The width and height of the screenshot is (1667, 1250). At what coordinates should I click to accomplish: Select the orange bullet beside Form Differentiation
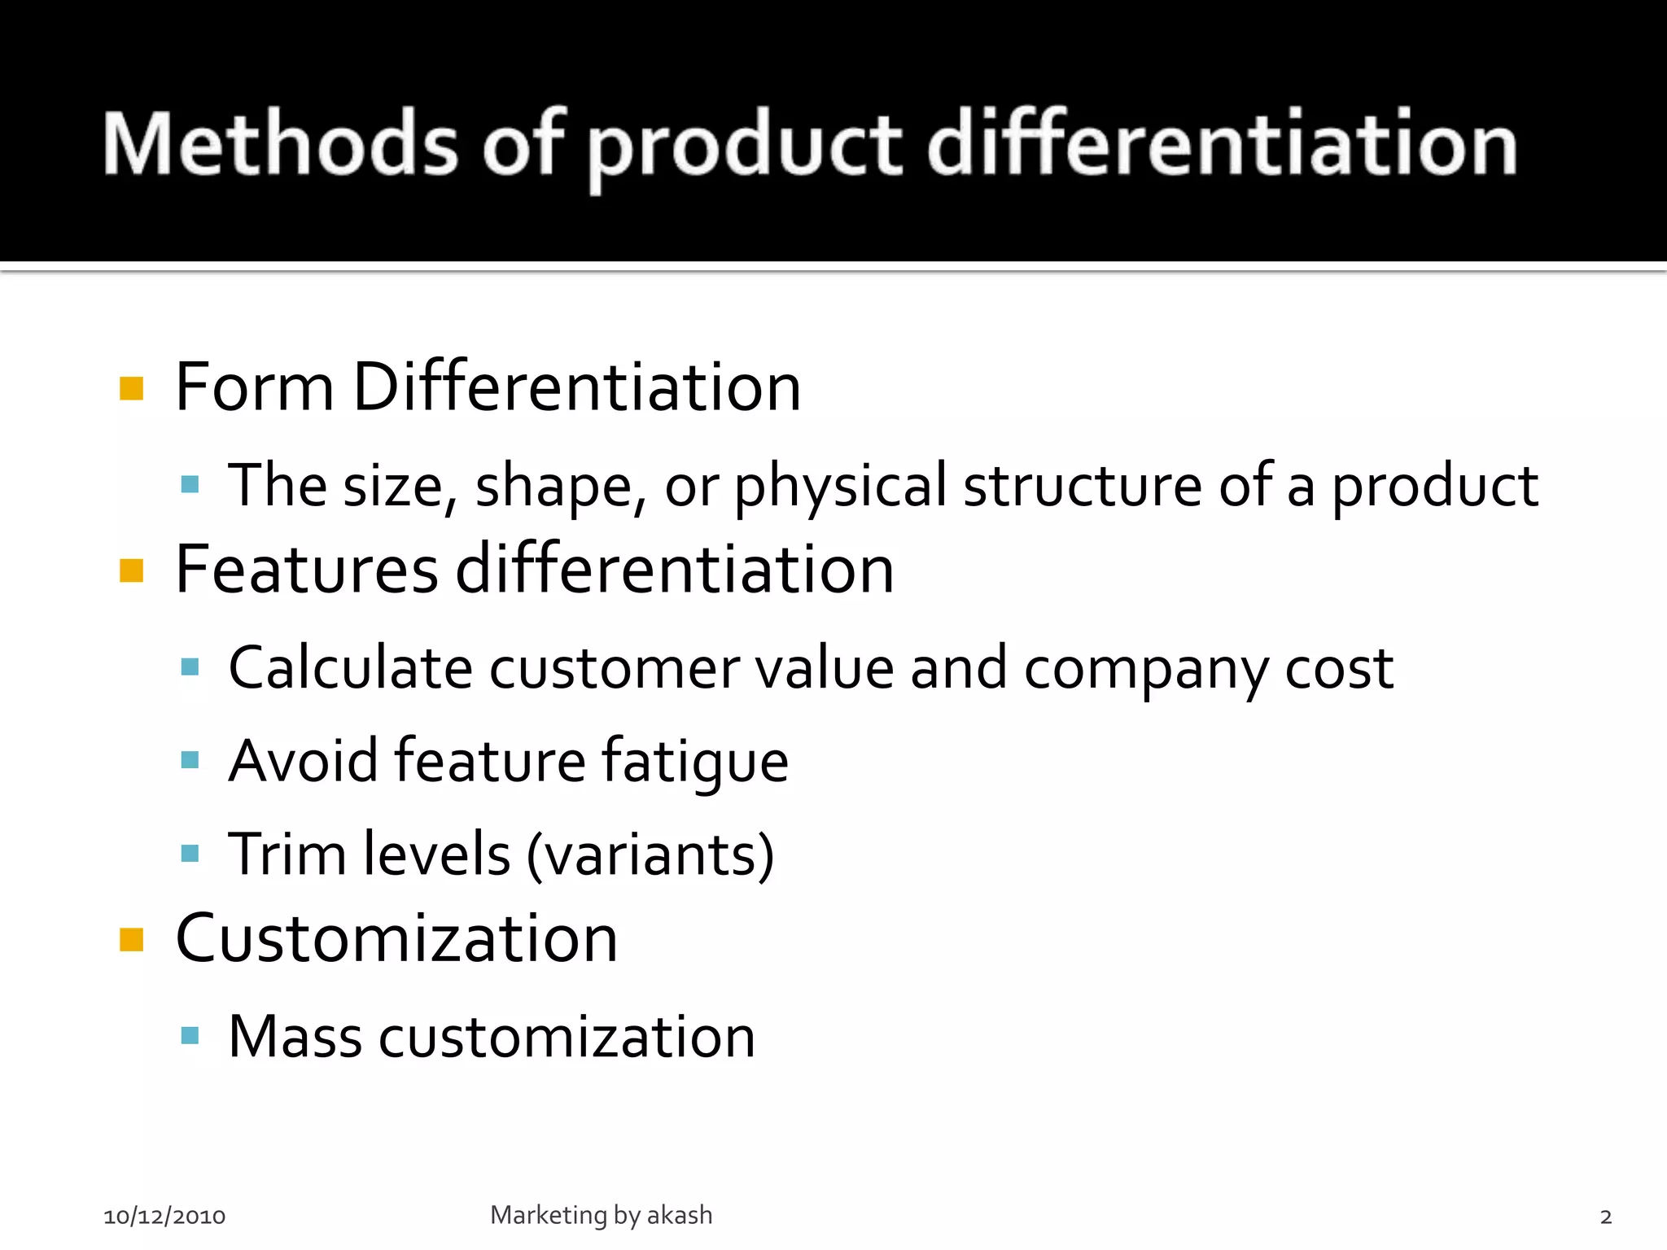[131, 388]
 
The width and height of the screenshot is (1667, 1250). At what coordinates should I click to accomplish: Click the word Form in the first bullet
[254, 387]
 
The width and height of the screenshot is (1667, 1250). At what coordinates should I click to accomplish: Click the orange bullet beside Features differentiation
[131, 570]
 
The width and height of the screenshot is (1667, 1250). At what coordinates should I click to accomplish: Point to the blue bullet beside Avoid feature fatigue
[190, 761]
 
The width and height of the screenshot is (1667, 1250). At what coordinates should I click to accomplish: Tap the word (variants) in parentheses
[650, 855]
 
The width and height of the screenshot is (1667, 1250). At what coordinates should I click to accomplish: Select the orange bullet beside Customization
[131, 940]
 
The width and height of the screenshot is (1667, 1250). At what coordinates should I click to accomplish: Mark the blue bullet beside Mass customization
[190, 1036]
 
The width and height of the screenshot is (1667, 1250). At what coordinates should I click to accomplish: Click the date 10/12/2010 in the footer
[164, 1217]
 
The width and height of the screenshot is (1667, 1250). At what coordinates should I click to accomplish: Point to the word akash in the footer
[680, 1215]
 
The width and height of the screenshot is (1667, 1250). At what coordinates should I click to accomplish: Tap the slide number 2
[1605, 1217]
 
